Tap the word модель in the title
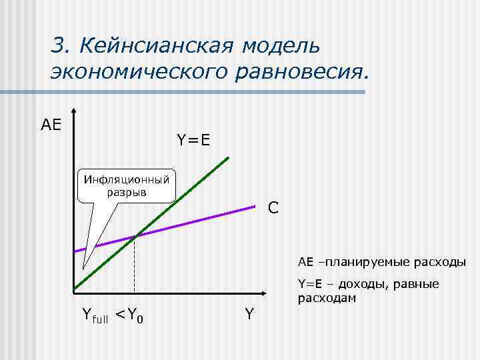(281, 46)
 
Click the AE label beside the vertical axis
(51, 125)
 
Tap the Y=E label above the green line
(193, 140)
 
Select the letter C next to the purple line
(273, 208)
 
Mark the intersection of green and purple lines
(135, 235)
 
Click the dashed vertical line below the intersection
(135, 267)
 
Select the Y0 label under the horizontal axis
(136, 314)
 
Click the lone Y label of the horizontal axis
(249, 313)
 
